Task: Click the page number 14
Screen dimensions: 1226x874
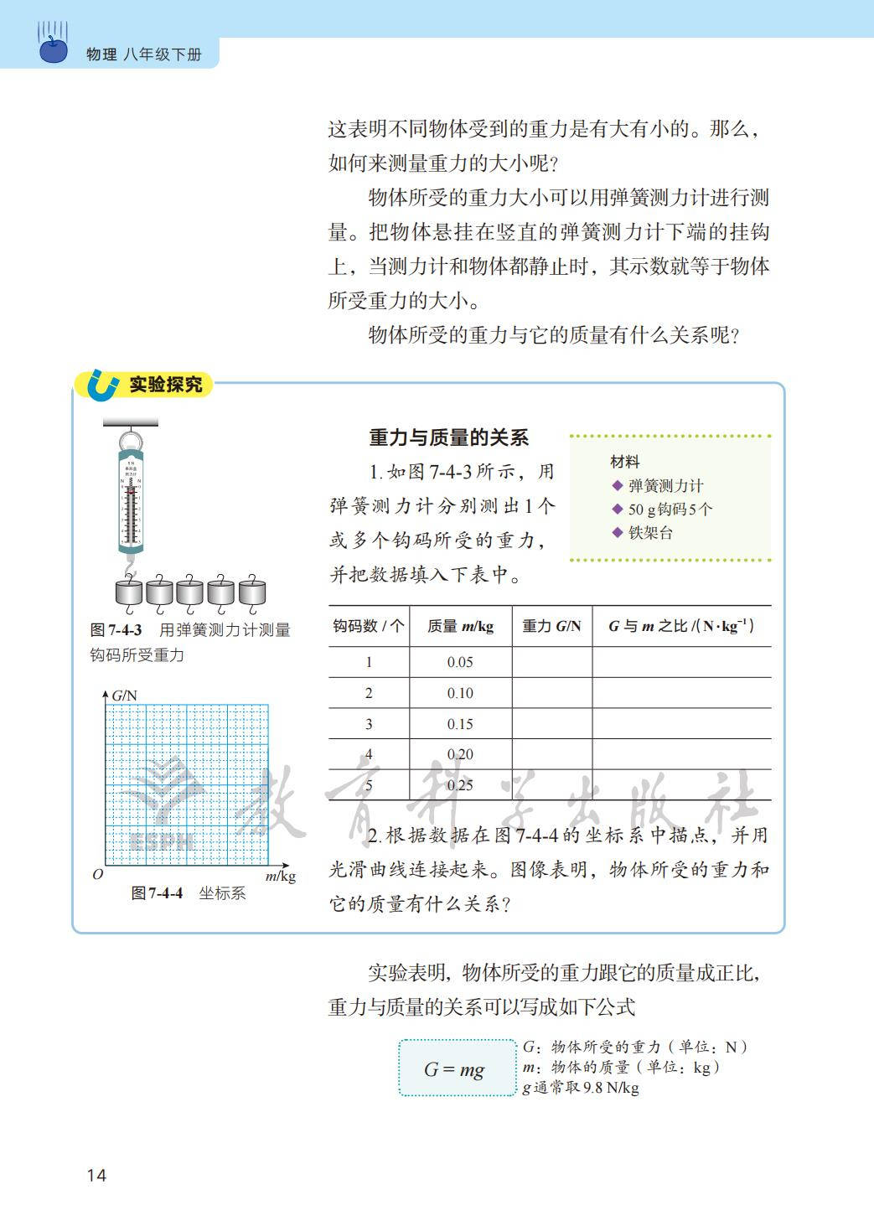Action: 96,1175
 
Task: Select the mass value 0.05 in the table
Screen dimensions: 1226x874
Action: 460,662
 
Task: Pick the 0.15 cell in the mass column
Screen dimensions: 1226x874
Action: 460,724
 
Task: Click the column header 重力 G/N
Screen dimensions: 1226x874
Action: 551,626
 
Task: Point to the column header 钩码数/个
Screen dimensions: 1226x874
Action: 368,626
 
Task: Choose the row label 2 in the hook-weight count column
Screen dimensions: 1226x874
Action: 369,693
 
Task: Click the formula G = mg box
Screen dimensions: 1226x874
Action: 455,1068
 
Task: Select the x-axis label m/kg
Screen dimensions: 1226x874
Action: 281,877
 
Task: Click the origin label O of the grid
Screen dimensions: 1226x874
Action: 98,874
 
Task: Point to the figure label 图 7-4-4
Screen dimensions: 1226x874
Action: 157,893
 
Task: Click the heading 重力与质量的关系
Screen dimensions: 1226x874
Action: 449,437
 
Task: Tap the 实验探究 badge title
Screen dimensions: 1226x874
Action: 166,385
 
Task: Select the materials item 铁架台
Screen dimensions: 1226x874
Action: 650,533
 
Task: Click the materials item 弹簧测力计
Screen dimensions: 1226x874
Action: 665,486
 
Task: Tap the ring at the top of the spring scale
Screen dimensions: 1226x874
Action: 130,441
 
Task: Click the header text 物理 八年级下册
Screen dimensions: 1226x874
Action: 144,55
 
